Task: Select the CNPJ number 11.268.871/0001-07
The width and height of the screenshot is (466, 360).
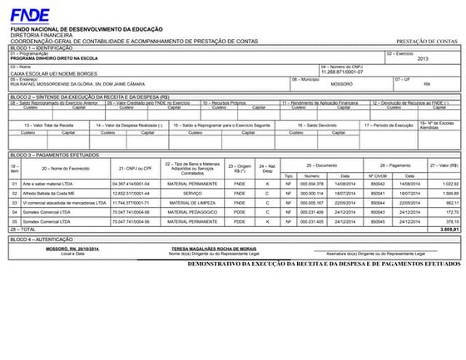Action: coord(343,72)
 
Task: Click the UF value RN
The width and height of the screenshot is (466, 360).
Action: coord(427,84)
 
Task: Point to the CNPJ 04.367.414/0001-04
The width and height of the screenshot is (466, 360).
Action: coord(131,183)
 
